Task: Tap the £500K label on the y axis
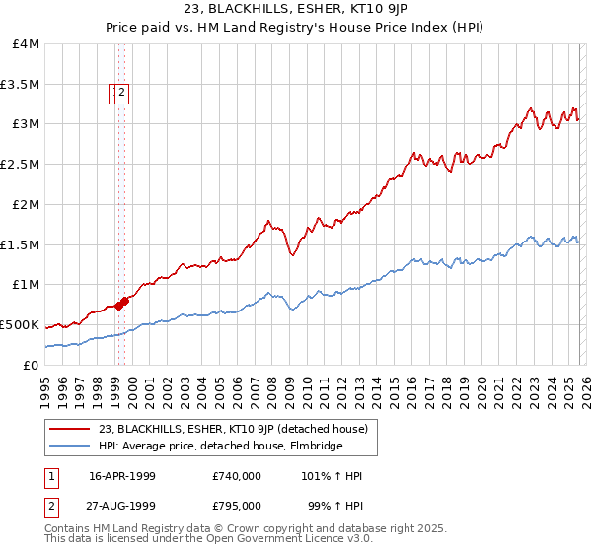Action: [20, 324]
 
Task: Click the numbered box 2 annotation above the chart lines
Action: [122, 94]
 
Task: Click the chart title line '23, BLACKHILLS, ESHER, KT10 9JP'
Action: [295, 11]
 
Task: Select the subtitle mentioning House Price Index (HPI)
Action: [295, 29]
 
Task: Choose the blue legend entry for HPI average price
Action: [220, 447]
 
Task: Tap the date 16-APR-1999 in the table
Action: [122, 476]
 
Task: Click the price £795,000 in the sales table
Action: [236, 506]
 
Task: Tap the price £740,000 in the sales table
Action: [236, 476]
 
